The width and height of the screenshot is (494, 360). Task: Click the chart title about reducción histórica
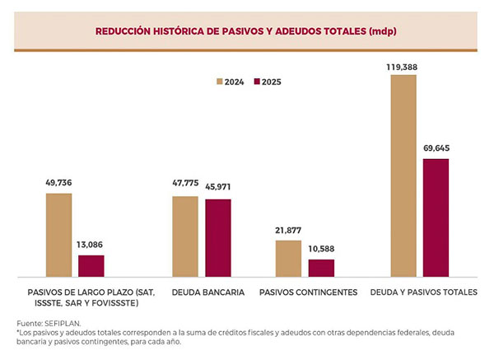[247, 30]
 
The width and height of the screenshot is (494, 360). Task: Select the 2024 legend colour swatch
[220, 82]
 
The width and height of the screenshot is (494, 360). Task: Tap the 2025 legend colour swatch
[257, 82]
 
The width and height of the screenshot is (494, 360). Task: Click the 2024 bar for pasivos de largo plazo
[59, 235]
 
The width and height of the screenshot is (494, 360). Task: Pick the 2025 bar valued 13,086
[91, 265]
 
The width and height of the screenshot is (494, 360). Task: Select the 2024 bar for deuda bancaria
[185, 236]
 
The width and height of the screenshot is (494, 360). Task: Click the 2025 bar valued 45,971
[218, 237]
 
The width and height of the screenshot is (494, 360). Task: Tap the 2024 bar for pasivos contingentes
[288, 258]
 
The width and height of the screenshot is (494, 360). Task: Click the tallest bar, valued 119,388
[403, 175]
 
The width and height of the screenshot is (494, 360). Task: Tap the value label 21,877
[288, 230]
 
